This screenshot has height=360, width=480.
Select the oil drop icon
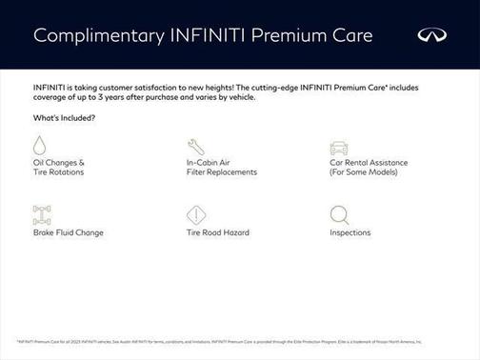(40, 146)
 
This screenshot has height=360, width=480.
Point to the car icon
(338, 147)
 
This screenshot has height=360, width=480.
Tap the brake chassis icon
(41, 214)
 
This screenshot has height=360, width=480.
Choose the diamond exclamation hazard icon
(195, 214)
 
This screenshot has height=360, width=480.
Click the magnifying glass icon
(338, 214)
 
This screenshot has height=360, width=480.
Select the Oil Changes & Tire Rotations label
(59, 168)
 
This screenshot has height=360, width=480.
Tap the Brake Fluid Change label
(69, 232)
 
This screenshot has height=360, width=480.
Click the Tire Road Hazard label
(218, 232)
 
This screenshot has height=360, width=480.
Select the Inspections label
(350, 232)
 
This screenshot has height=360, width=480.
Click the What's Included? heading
(64, 117)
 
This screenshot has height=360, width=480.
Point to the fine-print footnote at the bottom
(219, 340)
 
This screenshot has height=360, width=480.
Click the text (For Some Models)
(363, 172)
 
